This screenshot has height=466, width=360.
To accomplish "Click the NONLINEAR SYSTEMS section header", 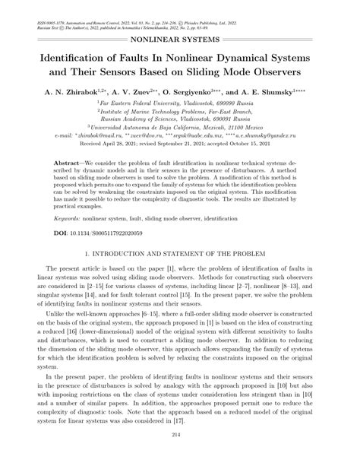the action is [x=179, y=37].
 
